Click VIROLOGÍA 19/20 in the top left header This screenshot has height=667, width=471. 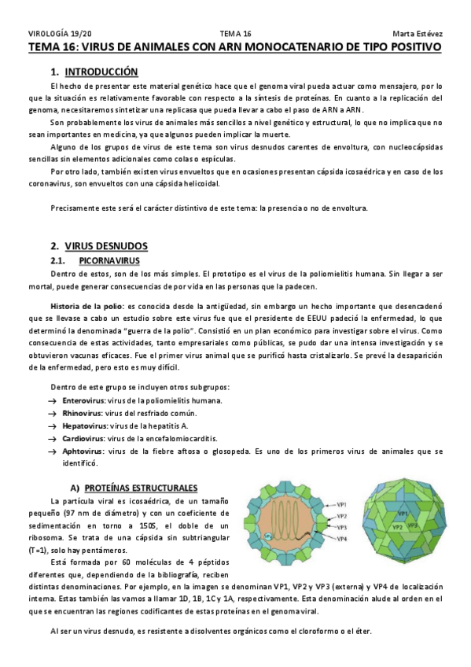(x=60, y=34)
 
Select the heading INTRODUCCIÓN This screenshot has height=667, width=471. (x=103, y=72)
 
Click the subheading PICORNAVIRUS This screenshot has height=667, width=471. (x=110, y=260)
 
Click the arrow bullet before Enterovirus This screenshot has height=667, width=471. (x=53, y=401)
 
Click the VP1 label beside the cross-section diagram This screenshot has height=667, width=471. (x=343, y=503)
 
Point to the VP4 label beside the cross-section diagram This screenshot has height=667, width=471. (x=343, y=539)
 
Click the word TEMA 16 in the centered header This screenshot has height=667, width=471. (x=235, y=34)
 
